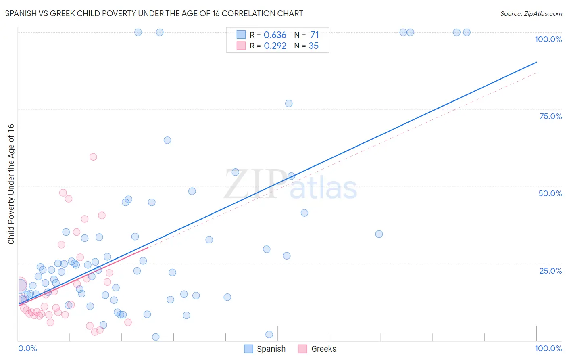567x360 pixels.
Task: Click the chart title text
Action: (154, 13)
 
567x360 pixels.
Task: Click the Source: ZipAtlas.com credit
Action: (531, 13)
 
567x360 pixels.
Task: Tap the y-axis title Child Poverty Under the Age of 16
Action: (11, 184)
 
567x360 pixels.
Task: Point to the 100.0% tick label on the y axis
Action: (548, 39)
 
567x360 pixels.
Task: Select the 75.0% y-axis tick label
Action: (550, 116)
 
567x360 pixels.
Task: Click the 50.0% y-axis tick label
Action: (550, 193)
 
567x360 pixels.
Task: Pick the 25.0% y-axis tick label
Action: (550, 270)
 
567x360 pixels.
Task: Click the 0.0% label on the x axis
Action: (27, 348)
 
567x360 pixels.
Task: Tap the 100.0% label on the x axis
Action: (548, 348)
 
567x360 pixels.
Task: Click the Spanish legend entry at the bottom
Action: (265, 349)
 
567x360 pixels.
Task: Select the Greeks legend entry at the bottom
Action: (317, 349)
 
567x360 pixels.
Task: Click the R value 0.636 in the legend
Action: (275, 35)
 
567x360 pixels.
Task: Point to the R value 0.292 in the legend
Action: (275, 46)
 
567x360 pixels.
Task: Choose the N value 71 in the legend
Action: (314, 35)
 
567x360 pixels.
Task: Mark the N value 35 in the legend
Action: (313, 46)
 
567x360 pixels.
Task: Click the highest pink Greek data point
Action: (93, 157)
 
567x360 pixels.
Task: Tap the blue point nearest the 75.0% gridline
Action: (289, 103)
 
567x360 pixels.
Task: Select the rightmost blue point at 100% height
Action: (467, 32)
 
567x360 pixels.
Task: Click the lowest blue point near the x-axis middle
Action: (269, 334)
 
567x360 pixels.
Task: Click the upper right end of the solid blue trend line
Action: (536, 62)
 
